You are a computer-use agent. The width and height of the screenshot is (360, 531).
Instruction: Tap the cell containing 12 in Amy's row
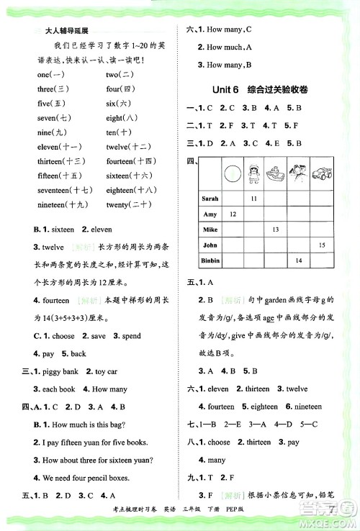232,214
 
